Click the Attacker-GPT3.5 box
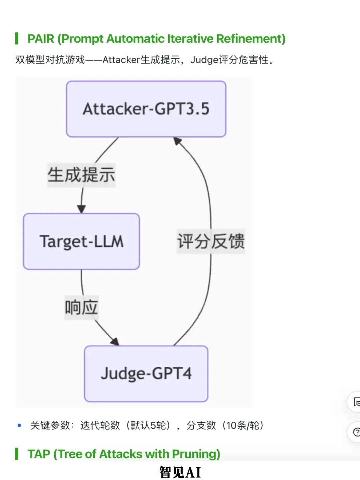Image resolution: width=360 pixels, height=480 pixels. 146,109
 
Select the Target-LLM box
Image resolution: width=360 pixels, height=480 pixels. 81,241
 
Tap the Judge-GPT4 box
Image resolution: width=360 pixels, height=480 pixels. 146,373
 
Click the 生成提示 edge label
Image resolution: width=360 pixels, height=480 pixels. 81,175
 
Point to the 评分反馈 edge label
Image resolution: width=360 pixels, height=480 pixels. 211,241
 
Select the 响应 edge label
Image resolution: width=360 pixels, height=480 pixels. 81,307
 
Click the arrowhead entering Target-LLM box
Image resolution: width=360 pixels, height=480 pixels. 81,209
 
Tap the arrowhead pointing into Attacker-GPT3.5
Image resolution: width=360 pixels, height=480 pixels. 177,141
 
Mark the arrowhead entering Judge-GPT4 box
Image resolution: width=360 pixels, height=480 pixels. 115,342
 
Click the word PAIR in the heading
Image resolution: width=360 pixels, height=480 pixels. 41,39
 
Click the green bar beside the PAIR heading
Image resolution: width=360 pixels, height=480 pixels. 17,39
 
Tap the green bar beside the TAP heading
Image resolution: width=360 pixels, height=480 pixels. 17,454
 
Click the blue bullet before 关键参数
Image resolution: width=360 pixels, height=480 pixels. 19,425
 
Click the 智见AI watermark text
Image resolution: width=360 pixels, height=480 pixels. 180,472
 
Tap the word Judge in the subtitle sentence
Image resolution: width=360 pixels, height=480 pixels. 204,60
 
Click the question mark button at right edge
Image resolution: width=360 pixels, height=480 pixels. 356,432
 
